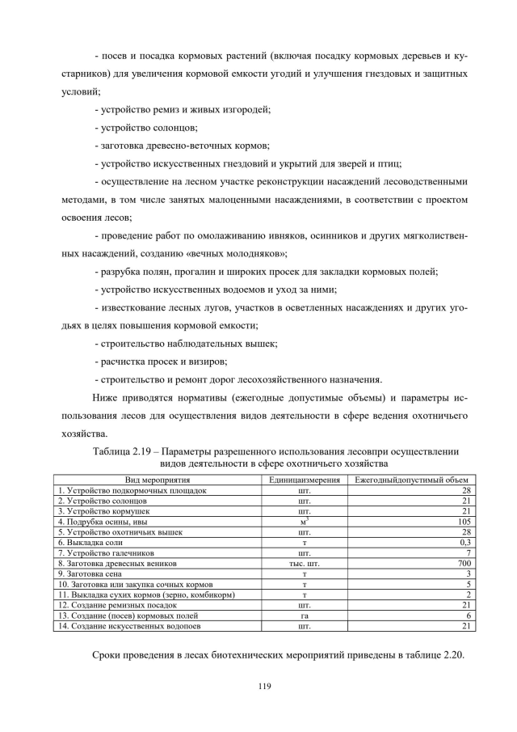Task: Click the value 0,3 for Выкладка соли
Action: (465, 542)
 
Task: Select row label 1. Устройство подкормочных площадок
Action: (132, 490)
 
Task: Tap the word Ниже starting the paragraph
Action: (105, 398)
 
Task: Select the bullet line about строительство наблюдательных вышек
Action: (186, 344)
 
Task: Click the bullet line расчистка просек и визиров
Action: (161, 362)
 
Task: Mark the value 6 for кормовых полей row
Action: (468, 616)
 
